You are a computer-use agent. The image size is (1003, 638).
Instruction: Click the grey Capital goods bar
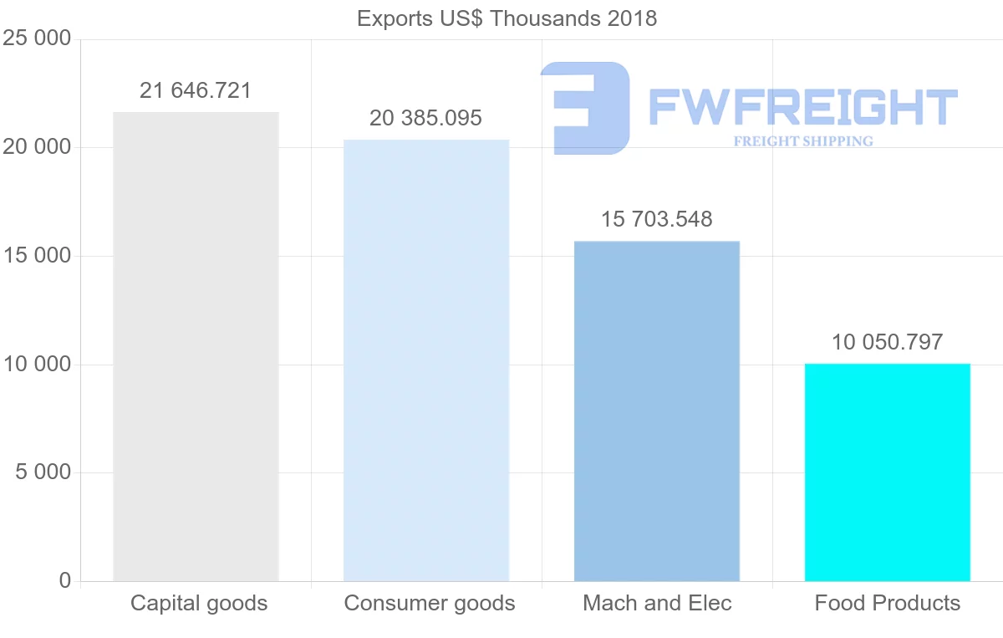196,346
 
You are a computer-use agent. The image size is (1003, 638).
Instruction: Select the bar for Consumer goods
426,360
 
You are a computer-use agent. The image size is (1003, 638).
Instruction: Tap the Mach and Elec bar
657,411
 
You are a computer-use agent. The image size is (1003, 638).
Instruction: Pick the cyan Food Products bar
887,472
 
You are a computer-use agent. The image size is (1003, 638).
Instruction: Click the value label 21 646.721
196,90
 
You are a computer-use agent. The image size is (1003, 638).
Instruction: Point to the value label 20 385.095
426,118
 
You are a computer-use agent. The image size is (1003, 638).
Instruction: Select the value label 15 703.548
657,219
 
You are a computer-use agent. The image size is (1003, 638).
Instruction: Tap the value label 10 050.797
887,341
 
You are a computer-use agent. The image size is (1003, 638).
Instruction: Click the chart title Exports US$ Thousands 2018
507,18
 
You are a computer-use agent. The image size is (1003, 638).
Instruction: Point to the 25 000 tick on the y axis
37,39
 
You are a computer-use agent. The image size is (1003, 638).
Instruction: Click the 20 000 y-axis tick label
37,148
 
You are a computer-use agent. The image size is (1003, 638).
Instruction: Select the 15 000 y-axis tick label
37,256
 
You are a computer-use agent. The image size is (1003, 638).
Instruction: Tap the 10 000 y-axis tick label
37,365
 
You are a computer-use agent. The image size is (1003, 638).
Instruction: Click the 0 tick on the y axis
65,580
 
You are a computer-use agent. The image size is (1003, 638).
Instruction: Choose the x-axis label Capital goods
199,603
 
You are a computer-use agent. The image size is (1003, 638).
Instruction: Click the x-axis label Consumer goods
430,603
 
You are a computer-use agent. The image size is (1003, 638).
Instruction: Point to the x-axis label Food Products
888,603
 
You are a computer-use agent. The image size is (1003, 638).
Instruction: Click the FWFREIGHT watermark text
802,107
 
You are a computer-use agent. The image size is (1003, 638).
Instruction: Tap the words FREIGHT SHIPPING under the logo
803,141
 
